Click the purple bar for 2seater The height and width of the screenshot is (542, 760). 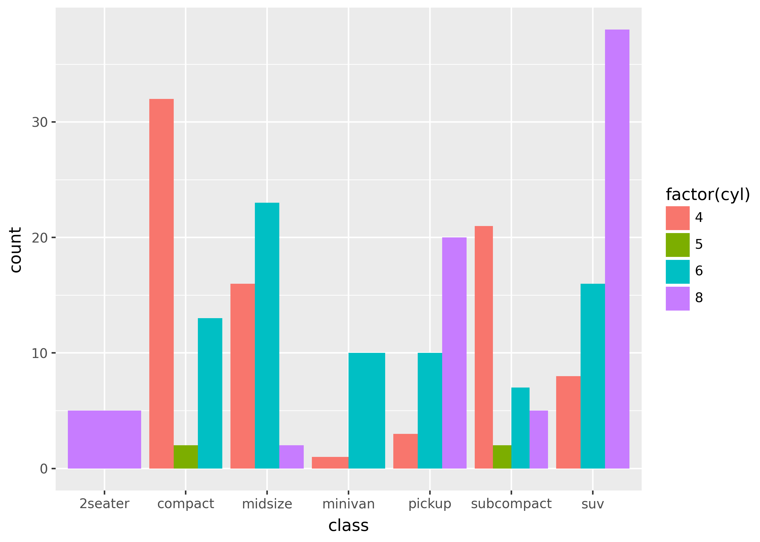[104, 439]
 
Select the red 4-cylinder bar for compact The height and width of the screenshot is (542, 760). [161, 284]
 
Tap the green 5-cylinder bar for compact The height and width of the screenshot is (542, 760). [185, 457]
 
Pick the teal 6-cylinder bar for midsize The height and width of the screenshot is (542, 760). [267, 335]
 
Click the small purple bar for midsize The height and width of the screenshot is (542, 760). [291, 457]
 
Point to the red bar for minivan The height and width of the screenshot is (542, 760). [330, 463]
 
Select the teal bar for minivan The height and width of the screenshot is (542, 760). [367, 411]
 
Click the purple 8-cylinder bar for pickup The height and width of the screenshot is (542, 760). [454, 353]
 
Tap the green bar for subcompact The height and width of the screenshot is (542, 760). [502, 457]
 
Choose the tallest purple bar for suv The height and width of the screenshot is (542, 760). [617, 249]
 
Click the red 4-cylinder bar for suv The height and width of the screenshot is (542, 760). [568, 422]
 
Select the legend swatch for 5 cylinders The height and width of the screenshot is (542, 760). [677, 245]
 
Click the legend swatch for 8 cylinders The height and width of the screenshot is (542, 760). [677, 298]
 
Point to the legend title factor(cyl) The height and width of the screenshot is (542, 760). [708, 195]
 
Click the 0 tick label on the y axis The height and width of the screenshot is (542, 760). [43, 469]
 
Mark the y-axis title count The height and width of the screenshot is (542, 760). [16, 250]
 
